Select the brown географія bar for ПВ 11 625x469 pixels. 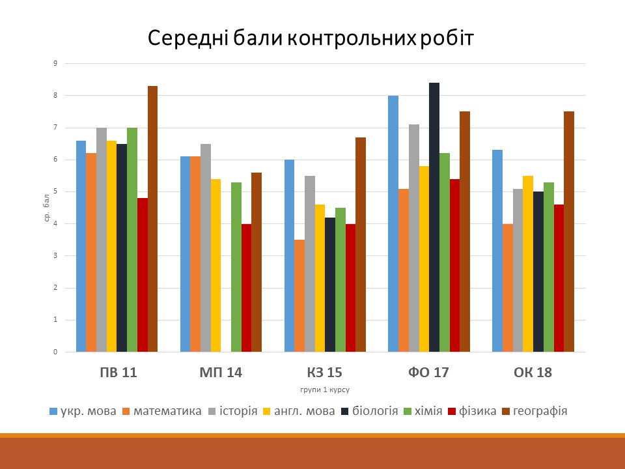[152, 219]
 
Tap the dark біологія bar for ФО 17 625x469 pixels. [434, 218]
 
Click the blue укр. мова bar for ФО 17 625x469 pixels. [393, 224]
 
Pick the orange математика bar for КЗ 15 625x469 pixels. [299, 296]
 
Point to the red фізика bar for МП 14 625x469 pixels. [246, 288]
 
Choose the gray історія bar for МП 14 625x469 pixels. [205, 248]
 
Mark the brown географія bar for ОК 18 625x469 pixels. [569, 232]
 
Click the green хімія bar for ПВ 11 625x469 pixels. [132, 240]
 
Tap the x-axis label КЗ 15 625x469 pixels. [324, 373]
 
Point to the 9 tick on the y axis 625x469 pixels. [56, 64]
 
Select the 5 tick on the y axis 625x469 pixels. [56, 192]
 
